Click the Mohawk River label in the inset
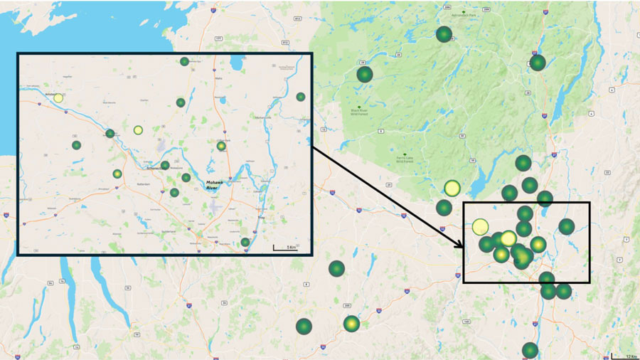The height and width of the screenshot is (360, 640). pyautogui.click(x=215, y=184)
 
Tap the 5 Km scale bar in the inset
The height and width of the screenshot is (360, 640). pyautogui.click(x=285, y=248)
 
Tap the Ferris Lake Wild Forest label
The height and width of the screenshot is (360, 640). pyautogui.click(x=406, y=158)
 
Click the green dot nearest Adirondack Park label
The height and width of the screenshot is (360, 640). pyautogui.click(x=444, y=34)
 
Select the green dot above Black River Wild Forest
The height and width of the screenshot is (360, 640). pyautogui.click(x=365, y=74)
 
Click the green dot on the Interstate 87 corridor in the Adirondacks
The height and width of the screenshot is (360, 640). pyautogui.click(x=538, y=63)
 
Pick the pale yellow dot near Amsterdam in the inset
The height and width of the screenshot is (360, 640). pyautogui.click(x=58, y=97)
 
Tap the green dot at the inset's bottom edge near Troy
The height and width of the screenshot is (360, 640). pyautogui.click(x=245, y=242)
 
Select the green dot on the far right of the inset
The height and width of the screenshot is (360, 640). pyautogui.click(x=301, y=97)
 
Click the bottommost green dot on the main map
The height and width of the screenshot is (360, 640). pyautogui.click(x=530, y=350)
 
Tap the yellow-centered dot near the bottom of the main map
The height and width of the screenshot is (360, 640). pyautogui.click(x=351, y=324)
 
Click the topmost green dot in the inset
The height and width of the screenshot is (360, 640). pyautogui.click(x=184, y=61)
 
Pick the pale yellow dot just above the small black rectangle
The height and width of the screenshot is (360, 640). pyautogui.click(x=452, y=189)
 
